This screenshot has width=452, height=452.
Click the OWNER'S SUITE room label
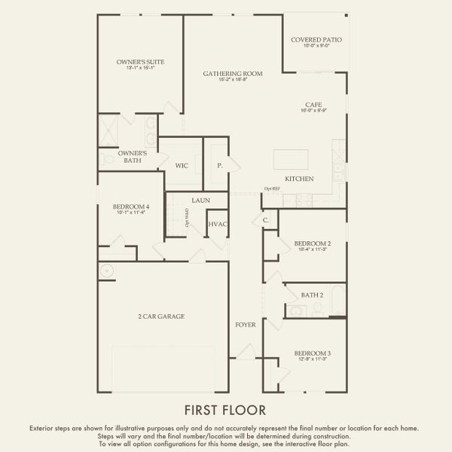coord(140,62)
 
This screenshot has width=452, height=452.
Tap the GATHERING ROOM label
coord(232,73)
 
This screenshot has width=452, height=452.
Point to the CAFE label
coord(314,105)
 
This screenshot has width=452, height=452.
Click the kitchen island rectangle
coord(291,160)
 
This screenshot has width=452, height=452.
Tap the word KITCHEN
coord(299,179)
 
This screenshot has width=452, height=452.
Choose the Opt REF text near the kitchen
coord(271,189)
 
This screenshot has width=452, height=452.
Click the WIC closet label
coord(182,164)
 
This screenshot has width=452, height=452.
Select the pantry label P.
coord(220,164)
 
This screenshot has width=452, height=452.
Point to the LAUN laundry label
coord(200,200)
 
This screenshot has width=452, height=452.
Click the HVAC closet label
coord(218,224)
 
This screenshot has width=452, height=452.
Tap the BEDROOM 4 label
coord(131,206)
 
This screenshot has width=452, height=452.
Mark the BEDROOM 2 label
coord(312,243)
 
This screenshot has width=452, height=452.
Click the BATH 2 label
coord(312,295)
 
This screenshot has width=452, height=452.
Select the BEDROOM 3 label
coord(312,353)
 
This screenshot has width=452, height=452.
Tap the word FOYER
coord(246,325)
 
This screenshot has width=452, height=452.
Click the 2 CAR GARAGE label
coord(161,316)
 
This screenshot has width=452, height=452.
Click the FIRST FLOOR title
coord(225,410)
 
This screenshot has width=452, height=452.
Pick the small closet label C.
coord(265,220)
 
